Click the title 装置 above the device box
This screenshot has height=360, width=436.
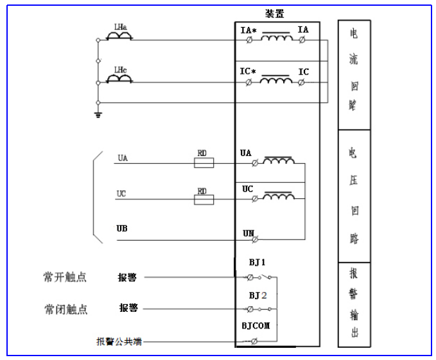(x=275, y=13)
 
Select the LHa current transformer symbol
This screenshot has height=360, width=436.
(x=119, y=36)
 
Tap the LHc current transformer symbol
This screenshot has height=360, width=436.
(x=119, y=78)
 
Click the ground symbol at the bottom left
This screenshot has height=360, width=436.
(x=98, y=114)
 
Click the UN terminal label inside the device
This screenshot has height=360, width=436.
(x=249, y=234)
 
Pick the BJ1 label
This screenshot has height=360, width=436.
(x=257, y=264)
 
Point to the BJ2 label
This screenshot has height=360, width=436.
(x=257, y=296)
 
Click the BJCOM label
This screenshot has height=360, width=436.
(x=257, y=326)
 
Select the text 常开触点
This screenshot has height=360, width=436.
(x=65, y=277)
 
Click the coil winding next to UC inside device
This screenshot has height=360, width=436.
(x=278, y=196)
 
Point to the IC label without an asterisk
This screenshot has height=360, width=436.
(x=304, y=72)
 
